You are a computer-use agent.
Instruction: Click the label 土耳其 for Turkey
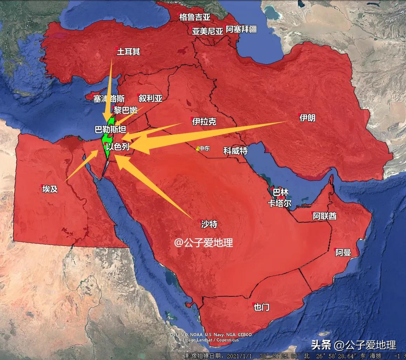pos(128,52)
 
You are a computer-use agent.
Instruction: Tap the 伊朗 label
pos(307,118)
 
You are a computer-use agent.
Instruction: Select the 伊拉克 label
pos(204,122)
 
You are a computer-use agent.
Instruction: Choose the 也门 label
pos(261,307)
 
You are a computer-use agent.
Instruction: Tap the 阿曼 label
pos(343,253)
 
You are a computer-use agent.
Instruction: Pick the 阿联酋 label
pos(324,216)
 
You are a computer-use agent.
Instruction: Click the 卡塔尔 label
pos(279,204)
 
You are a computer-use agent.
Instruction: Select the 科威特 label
pos(236,151)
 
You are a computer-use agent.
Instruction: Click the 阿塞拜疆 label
pos(241,29)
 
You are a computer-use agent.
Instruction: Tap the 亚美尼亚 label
pos(207,31)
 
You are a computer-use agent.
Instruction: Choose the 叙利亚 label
pos(150,99)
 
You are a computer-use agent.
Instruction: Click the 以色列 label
pos(117,147)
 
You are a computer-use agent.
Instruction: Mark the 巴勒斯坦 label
pos(110,129)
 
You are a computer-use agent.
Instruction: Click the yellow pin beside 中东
pos(198,149)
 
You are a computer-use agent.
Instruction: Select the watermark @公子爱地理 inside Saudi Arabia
pos(204,242)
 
